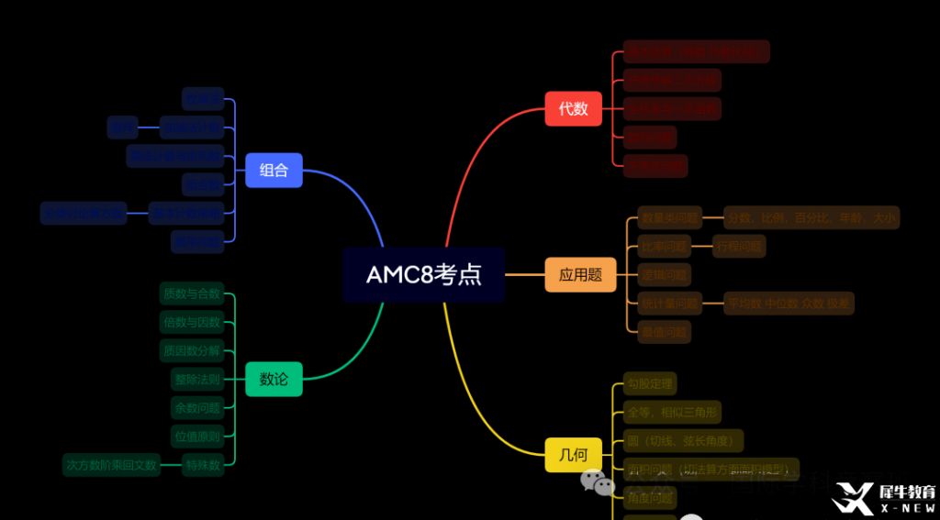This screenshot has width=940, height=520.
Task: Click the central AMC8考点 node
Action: [423, 274]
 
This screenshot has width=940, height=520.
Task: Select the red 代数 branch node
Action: [573, 108]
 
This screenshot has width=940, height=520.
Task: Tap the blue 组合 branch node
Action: [274, 170]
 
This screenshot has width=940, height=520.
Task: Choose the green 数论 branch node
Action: [274, 379]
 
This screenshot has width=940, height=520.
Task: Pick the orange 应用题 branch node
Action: [580, 274]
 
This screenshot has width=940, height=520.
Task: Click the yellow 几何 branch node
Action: [573, 455]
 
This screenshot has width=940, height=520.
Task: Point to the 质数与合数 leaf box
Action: [191, 294]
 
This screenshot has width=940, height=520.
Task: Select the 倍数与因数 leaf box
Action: [191, 323]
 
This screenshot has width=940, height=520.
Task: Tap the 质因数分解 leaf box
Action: [191, 351]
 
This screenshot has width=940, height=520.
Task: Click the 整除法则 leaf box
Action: [196, 379]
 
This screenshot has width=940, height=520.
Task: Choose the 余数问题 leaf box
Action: [196, 407]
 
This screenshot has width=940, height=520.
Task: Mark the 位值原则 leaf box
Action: [196, 436]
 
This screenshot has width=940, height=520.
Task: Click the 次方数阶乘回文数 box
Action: [111, 464]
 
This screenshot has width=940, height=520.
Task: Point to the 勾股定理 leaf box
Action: [650, 382]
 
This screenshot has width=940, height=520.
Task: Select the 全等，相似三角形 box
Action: [672, 411]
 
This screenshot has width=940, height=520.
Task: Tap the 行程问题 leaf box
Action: [739, 246]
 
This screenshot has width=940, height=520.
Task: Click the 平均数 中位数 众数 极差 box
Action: [789, 303]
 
